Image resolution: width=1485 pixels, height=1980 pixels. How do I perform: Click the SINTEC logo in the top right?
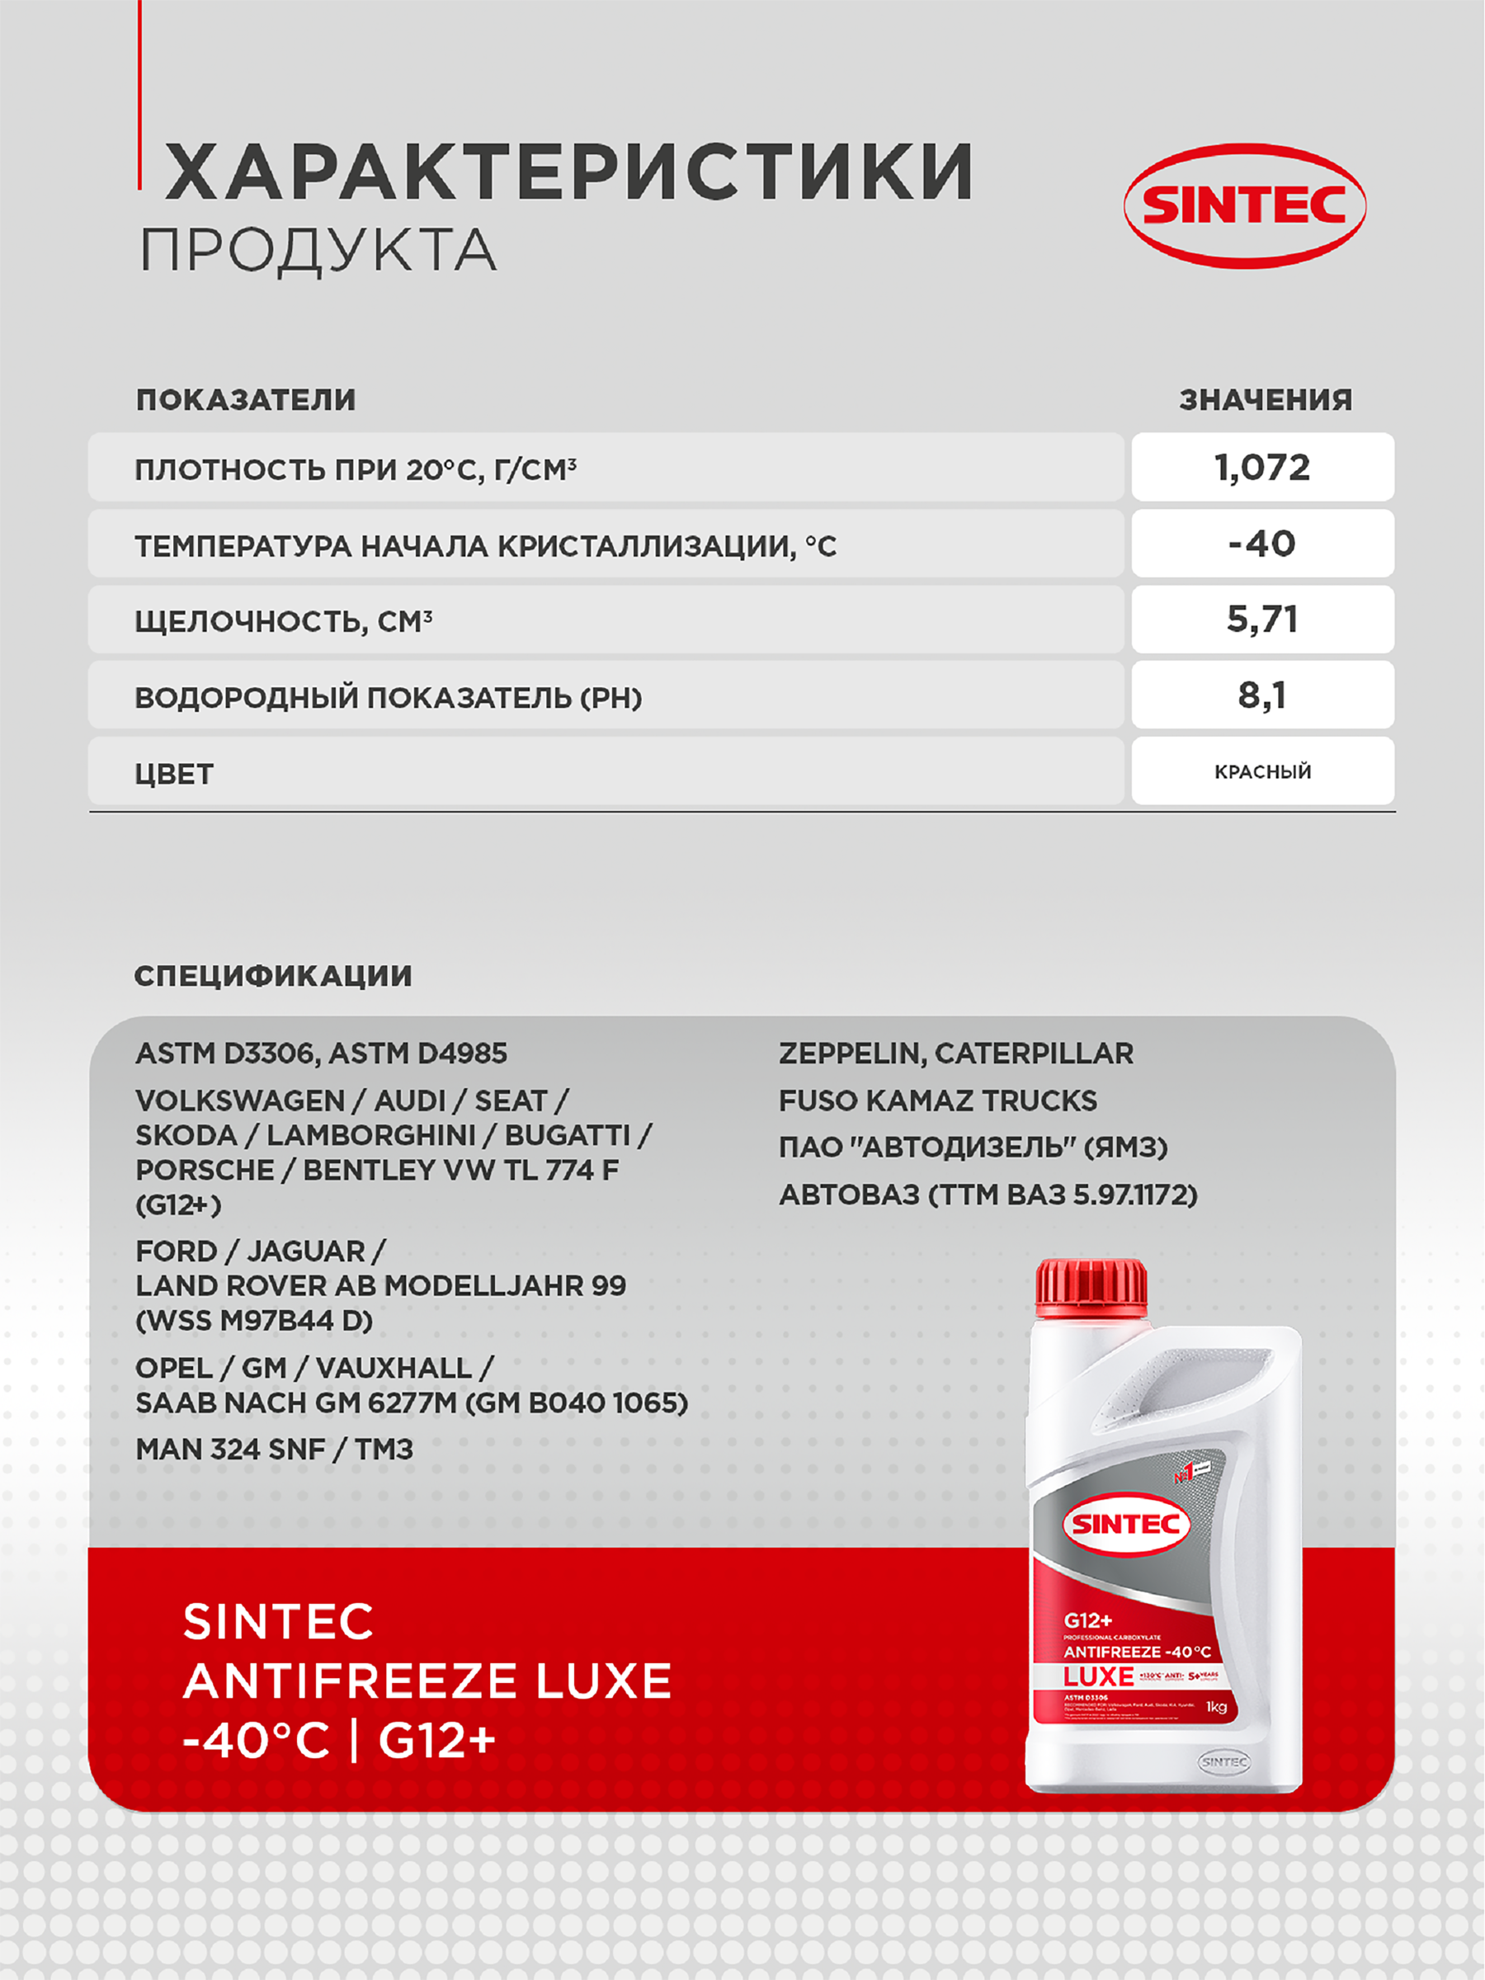pyautogui.click(x=1244, y=206)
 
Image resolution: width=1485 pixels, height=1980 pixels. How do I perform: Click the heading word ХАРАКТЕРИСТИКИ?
pyautogui.click(x=569, y=172)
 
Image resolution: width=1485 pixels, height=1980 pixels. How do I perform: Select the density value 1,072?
pyautogui.click(x=1262, y=467)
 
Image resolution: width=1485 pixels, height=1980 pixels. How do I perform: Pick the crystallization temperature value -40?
pyautogui.click(x=1262, y=544)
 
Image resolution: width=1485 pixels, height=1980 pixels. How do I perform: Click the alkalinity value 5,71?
pyautogui.click(x=1262, y=620)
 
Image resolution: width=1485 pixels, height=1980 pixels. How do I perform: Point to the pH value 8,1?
pyautogui.click(x=1262, y=695)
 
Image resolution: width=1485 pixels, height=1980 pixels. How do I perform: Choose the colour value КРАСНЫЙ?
pyautogui.click(x=1262, y=771)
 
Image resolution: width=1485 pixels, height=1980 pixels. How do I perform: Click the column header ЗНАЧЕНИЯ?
pyautogui.click(x=1265, y=400)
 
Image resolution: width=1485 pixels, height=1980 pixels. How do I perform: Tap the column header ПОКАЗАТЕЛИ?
pyautogui.click(x=246, y=400)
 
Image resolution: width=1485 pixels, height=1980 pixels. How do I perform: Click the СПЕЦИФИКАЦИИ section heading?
pyautogui.click(x=273, y=976)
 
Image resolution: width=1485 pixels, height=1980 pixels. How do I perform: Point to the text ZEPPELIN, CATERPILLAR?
pyautogui.click(x=955, y=1054)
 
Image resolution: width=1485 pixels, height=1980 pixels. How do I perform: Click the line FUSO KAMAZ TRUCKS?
pyautogui.click(x=937, y=1100)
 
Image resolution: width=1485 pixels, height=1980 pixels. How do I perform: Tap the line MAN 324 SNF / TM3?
pyautogui.click(x=274, y=1450)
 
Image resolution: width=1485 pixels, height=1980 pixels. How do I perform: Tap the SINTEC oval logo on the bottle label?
pyautogui.click(x=1126, y=1524)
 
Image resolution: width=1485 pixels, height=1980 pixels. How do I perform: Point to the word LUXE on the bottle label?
pyautogui.click(x=1098, y=1676)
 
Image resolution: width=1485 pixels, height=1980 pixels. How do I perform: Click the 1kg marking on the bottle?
pyautogui.click(x=1215, y=1707)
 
